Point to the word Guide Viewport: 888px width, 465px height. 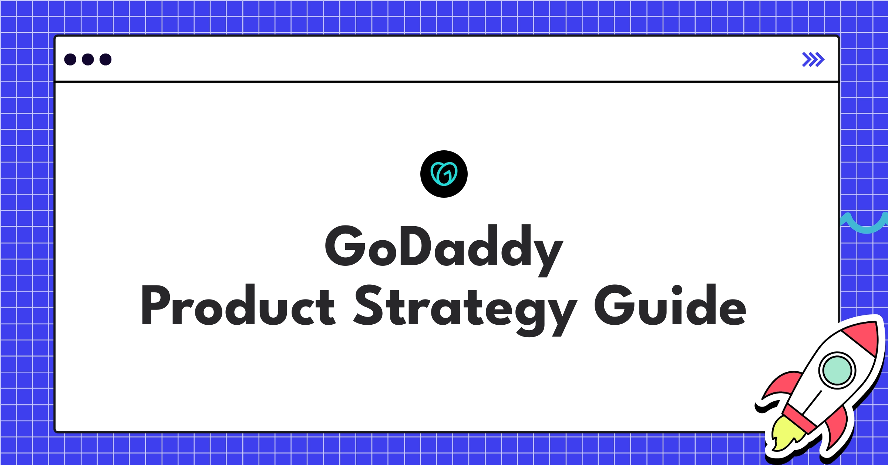[670, 306]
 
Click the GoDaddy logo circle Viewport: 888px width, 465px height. [444, 174]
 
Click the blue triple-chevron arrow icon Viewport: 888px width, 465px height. [813, 59]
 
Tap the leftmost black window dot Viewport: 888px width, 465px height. [70, 59]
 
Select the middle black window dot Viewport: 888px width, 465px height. [88, 59]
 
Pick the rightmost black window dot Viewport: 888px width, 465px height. [105, 59]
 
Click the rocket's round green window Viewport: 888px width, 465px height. [837, 370]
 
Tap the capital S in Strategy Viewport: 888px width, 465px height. [369, 305]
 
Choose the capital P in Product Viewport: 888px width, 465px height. [155, 305]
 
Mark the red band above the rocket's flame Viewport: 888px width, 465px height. [799, 418]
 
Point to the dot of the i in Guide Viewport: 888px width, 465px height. [677, 290]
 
